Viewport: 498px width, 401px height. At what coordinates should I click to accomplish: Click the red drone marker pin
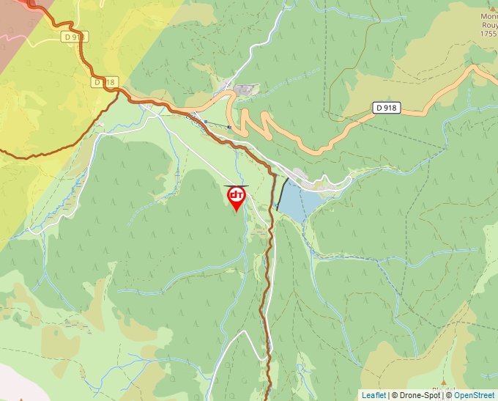237,197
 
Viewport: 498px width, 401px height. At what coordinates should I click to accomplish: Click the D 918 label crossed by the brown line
105,82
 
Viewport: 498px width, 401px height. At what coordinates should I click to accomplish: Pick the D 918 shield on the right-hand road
386,108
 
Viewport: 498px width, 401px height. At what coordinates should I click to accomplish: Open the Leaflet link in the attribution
373,395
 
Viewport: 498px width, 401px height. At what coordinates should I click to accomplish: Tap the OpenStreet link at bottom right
474,395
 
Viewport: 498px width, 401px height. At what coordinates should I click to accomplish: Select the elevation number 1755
488,34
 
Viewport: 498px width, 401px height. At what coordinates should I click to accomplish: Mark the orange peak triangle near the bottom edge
20,399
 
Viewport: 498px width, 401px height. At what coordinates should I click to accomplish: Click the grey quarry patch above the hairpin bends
245,89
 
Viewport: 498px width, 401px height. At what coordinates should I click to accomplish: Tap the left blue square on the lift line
207,121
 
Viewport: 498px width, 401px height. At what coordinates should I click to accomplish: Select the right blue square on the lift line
229,127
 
